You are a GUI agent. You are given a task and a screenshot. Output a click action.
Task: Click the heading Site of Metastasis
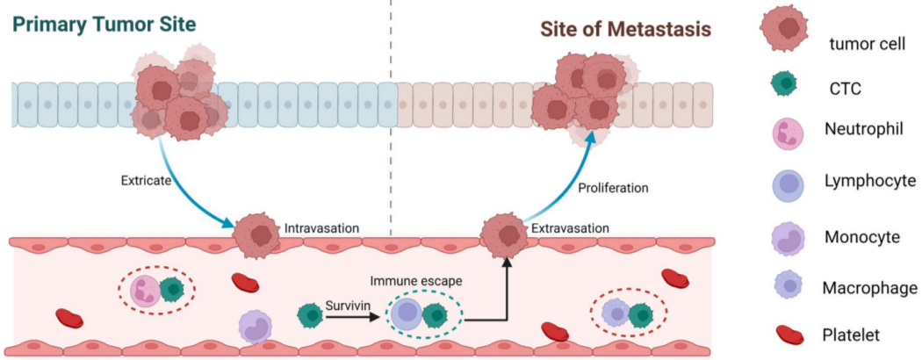pos(624,28)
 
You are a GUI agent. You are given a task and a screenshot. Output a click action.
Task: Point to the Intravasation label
pos(321,228)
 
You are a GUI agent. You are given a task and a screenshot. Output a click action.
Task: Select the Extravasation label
pos(570,228)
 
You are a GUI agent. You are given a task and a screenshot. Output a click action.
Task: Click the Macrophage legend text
pos(869,287)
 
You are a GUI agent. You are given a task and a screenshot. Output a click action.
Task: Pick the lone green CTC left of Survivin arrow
pos(310,314)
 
